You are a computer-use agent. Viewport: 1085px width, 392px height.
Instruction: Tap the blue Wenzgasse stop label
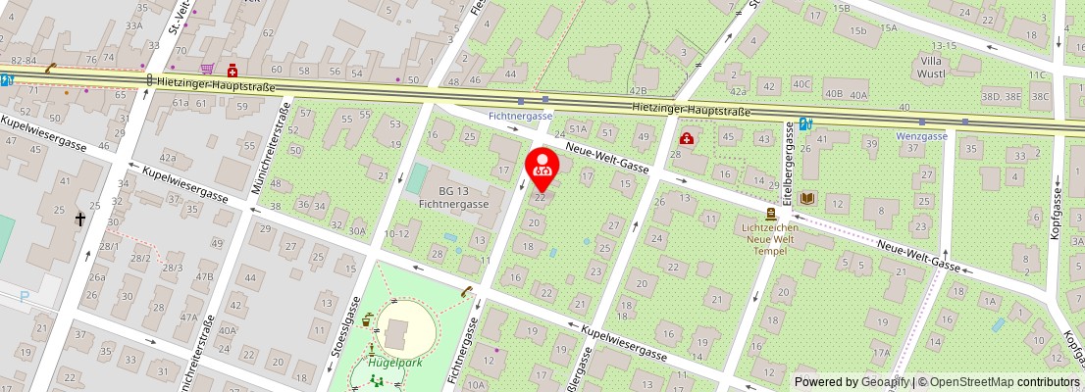coord(922,136)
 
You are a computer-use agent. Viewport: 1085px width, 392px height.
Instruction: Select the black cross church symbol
coord(80,220)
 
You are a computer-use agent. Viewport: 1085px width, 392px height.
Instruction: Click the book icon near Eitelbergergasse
coord(807,198)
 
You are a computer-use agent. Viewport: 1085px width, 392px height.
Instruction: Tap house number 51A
coord(578,128)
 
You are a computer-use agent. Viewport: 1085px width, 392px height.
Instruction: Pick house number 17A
coord(881,353)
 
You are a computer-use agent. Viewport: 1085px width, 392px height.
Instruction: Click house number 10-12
coord(396,233)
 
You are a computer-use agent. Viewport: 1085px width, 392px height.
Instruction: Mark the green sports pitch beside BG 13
coord(417,178)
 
